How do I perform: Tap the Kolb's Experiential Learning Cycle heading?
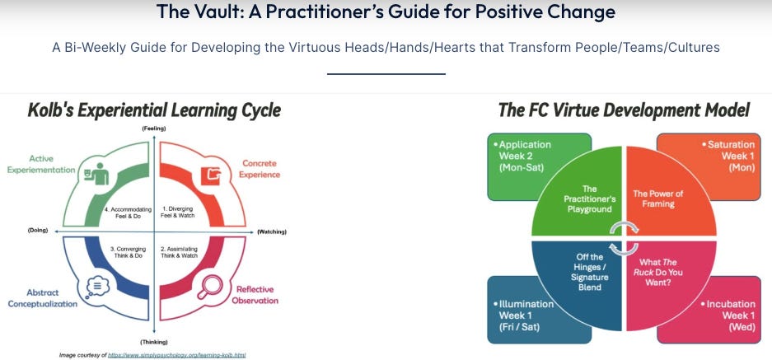154,110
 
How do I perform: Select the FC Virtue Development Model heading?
624,110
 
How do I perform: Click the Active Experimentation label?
41,164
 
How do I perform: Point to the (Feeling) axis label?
154,129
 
